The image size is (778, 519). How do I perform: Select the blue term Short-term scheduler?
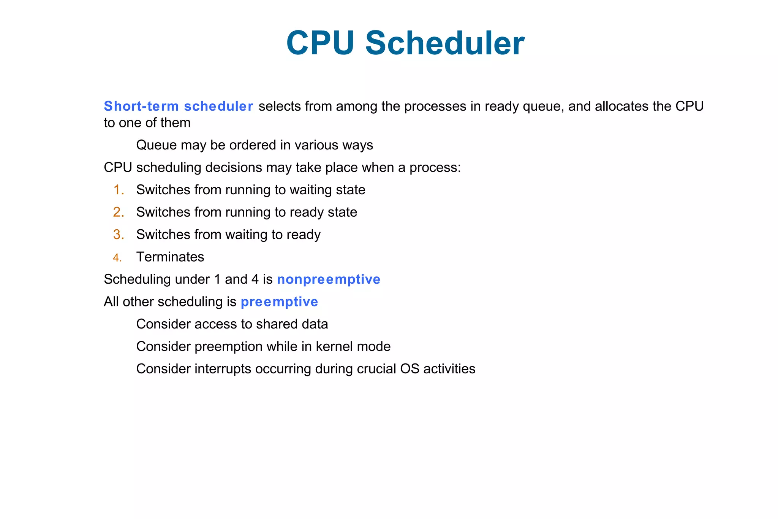click(179, 106)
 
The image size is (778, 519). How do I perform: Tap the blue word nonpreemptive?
click(329, 279)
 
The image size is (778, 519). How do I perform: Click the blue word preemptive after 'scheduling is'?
click(279, 302)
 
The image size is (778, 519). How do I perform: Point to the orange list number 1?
click(119, 190)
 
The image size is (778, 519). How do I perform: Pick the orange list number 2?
click(119, 212)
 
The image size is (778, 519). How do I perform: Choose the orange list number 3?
click(119, 235)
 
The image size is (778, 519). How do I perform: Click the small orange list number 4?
click(117, 258)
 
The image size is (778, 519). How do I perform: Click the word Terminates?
click(170, 257)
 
